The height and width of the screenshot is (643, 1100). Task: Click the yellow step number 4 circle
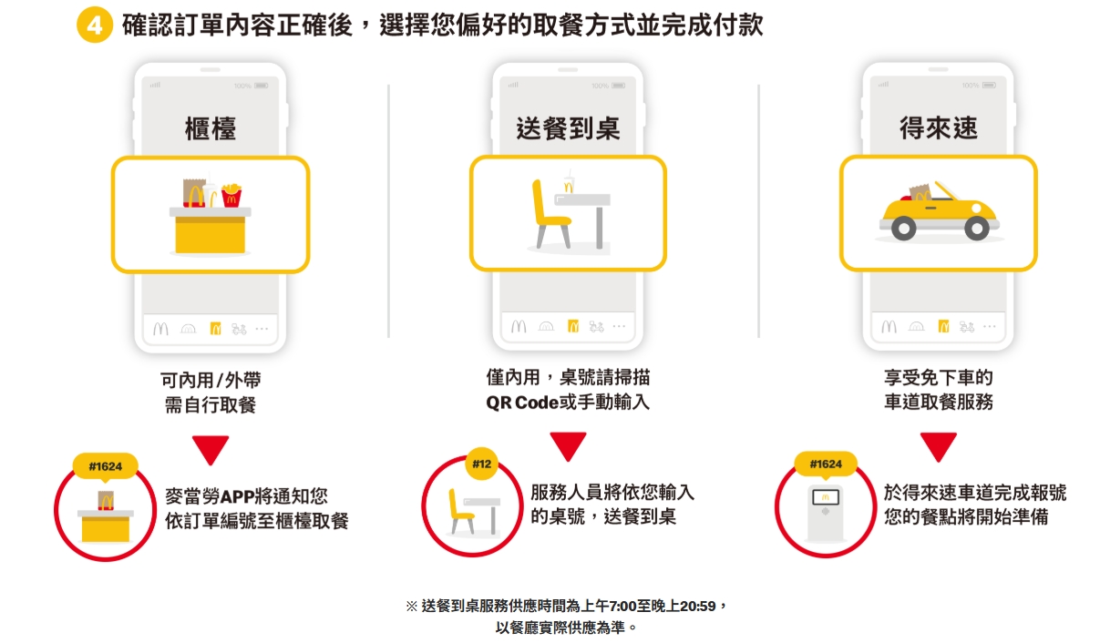pyautogui.click(x=94, y=25)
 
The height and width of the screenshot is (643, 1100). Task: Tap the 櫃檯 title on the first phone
pyautogui.click(x=211, y=129)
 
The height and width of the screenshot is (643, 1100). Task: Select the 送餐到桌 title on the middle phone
pyautogui.click(x=568, y=128)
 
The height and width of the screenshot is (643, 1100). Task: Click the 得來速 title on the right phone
pyautogui.click(x=939, y=128)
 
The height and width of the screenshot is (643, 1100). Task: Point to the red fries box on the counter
pyautogui.click(x=231, y=195)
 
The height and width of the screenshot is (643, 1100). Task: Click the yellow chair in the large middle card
pyautogui.click(x=550, y=213)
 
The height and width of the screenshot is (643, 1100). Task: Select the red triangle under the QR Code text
pyautogui.click(x=568, y=446)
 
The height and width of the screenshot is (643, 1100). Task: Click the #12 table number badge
pyautogui.click(x=481, y=464)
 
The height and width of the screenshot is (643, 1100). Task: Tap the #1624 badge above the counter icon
pyautogui.click(x=105, y=465)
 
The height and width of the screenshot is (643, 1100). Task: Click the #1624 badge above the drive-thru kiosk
pyautogui.click(x=826, y=464)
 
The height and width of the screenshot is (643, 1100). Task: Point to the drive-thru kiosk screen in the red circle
pyautogui.click(x=826, y=497)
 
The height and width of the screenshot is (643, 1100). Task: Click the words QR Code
pyautogui.click(x=522, y=403)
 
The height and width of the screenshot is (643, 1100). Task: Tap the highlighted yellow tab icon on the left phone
pyautogui.click(x=215, y=329)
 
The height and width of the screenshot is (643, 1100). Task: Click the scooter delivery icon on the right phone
pyautogui.click(x=966, y=326)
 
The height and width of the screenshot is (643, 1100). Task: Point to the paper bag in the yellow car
pyautogui.click(x=920, y=192)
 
